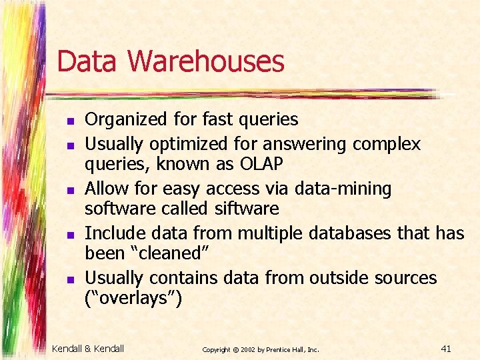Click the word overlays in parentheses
pyautogui.click(x=134, y=298)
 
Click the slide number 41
pyautogui.click(x=447, y=348)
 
